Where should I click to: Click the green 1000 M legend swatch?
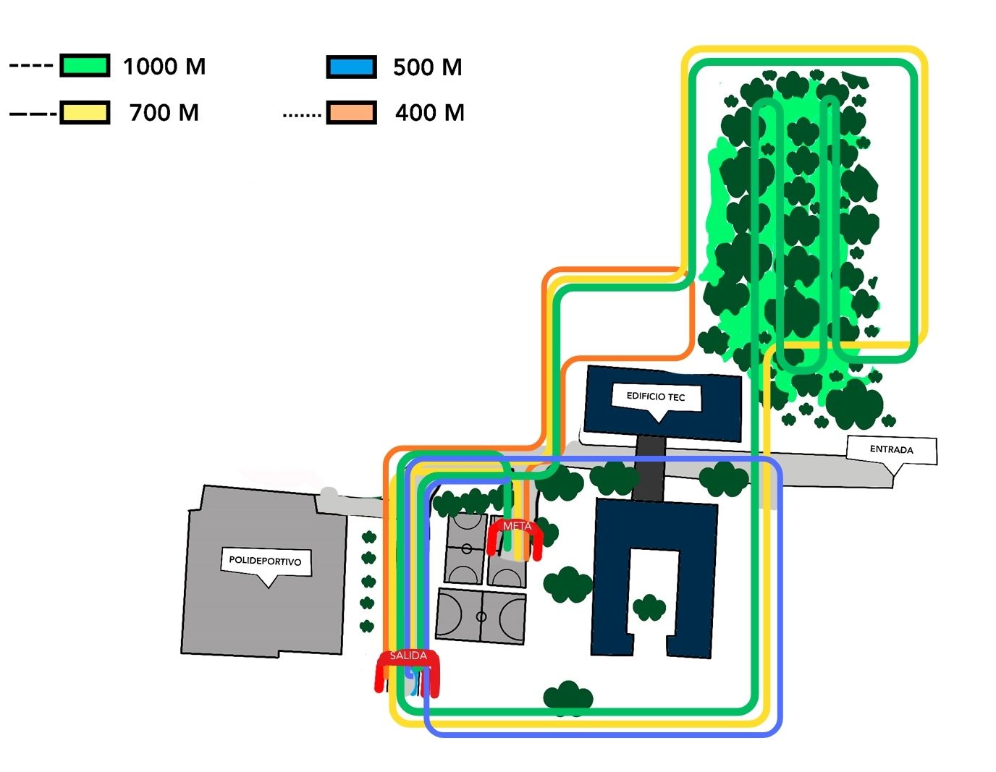pos(85,66)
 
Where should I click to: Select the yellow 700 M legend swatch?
pos(85,113)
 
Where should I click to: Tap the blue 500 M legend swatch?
pos(351,67)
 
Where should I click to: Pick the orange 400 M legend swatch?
pos(351,113)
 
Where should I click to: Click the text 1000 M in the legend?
pos(164,67)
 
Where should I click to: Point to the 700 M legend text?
pos(164,113)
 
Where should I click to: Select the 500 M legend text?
pos(427,67)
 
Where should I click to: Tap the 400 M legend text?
pos(429,113)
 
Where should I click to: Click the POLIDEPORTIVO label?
pos(265,561)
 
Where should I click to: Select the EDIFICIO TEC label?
pos(656,396)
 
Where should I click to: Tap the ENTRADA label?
pos(891,449)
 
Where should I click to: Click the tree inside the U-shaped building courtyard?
pos(649,608)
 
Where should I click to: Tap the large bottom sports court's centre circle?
pos(481,617)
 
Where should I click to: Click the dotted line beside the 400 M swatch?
pos(302,114)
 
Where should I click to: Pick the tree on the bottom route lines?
pos(568,697)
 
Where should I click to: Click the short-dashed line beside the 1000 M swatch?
pos(30,66)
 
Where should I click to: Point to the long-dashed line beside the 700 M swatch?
pos(33,114)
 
